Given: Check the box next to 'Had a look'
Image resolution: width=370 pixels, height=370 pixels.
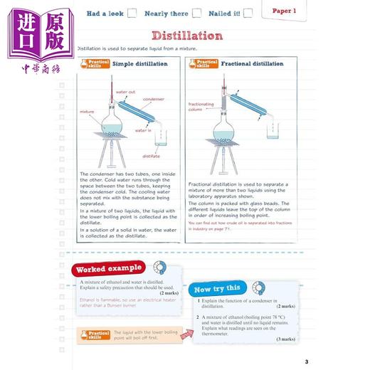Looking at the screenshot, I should coord(132,13).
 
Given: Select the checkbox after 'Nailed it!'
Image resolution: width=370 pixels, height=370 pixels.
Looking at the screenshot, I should coord(247,13).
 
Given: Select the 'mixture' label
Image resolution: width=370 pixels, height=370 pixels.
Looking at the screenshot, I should coord(88,112).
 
